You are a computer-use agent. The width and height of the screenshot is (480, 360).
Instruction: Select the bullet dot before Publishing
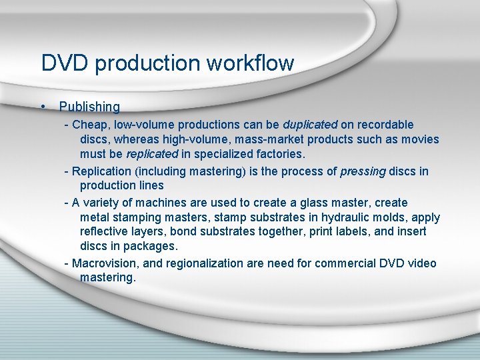click(42, 107)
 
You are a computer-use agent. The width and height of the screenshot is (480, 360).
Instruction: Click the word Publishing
click(89, 107)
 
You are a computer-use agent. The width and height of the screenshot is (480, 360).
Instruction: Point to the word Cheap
click(87, 125)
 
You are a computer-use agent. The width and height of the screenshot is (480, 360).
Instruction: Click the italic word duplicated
click(310, 125)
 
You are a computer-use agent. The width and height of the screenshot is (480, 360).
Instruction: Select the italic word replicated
click(152, 155)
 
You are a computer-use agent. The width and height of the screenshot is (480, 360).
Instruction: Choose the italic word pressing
click(363, 171)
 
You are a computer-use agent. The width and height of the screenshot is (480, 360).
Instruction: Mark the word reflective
click(105, 232)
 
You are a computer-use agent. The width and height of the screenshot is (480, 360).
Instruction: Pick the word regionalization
click(205, 263)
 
